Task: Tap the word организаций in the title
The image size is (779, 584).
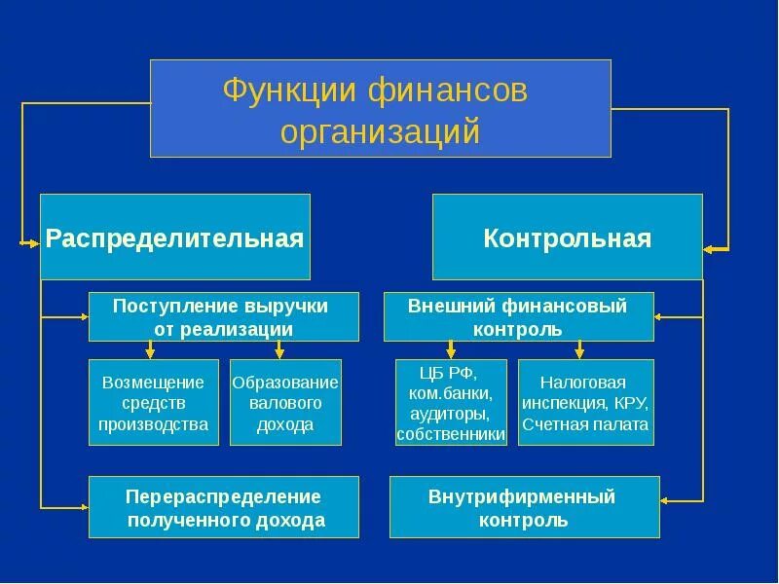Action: [x=381, y=130]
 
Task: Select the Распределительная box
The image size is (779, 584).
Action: [x=175, y=237]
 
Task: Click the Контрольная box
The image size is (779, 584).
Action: [x=567, y=237]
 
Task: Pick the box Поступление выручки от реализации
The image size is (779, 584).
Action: [x=223, y=316]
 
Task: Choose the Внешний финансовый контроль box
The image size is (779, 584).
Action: [x=518, y=316]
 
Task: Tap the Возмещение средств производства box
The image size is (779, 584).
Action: [x=155, y=402]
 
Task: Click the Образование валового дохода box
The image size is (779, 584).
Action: [x=285, y=402]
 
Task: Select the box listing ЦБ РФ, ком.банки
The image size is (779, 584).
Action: [x=451, y=402]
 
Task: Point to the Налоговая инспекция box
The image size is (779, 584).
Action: [x=585, y=402]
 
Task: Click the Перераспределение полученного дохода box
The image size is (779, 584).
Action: [x=223, y=507]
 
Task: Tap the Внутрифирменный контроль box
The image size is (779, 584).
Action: [x=524, y=507]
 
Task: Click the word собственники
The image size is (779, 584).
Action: [x=451, y=435]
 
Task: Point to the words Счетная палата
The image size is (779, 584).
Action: [x=585, y=424]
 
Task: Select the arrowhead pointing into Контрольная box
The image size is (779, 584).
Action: [x=710, y=249]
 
